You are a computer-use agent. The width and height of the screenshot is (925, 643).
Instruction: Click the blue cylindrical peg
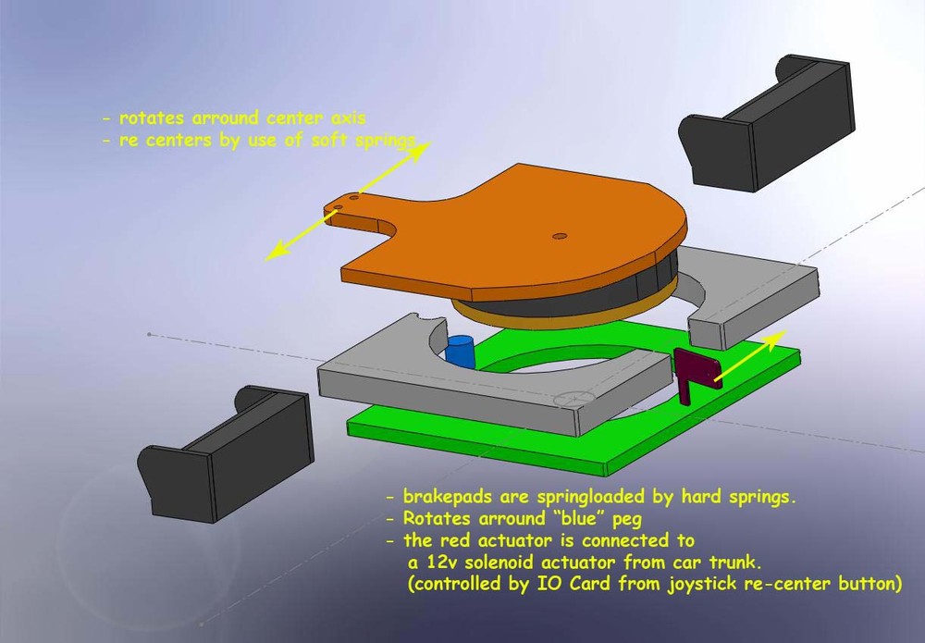click(460, 352)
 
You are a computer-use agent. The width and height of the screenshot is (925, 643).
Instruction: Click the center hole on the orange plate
click(558, 236)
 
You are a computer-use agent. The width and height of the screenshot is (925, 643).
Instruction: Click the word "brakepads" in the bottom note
click(448, 496)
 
